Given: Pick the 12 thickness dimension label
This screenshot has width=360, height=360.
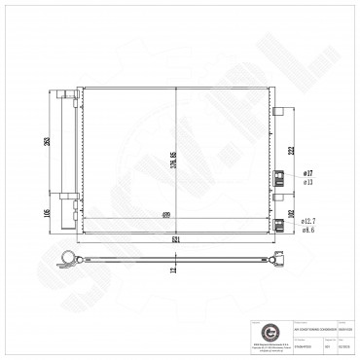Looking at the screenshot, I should (x=174, y=272).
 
